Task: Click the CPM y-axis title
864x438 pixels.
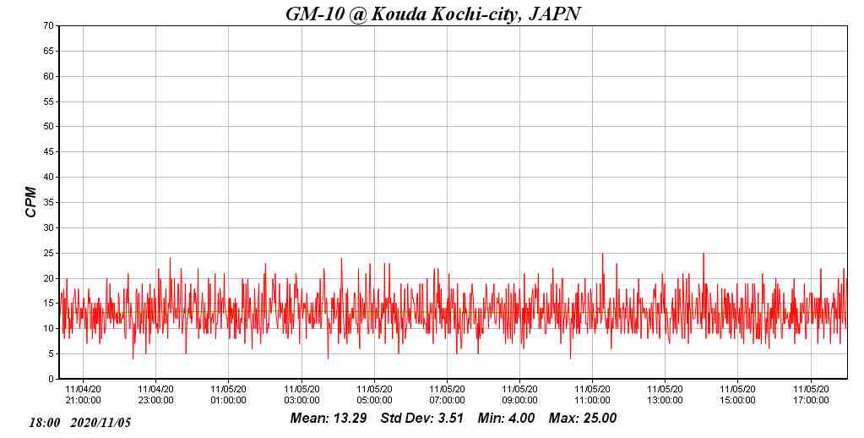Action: [31, 202]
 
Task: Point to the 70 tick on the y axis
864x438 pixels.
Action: [49, 26]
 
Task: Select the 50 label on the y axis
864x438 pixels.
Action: [49, 127]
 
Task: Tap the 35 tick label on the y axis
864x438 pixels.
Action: [49, 203]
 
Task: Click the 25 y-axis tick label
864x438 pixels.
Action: [49, 253]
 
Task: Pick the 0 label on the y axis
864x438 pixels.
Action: [52, 380]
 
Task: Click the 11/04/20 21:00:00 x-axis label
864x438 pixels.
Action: [83, 395]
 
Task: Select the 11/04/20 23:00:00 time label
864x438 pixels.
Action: [155, 395]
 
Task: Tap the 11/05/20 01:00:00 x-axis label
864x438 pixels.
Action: [228, 395]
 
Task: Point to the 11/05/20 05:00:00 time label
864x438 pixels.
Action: [374, 395]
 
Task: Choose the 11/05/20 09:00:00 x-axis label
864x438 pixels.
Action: [519, 395]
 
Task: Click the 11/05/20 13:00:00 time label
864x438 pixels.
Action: [665, 395]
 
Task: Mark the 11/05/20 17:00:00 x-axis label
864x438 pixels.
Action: [811, 395]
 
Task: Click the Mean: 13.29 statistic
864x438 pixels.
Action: [328, 418]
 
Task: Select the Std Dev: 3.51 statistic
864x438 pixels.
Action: [422, 418]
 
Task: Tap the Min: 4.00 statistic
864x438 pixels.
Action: [506, 418]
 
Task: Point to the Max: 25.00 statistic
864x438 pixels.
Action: [583, 418]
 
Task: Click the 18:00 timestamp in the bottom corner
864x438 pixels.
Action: [45, 422]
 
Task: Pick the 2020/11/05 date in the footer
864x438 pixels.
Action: [101, 422]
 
